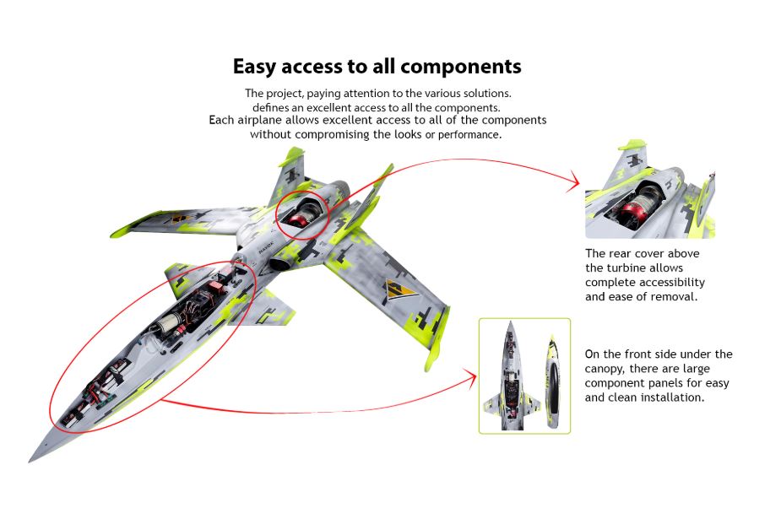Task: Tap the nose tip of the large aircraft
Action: point(32,461)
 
